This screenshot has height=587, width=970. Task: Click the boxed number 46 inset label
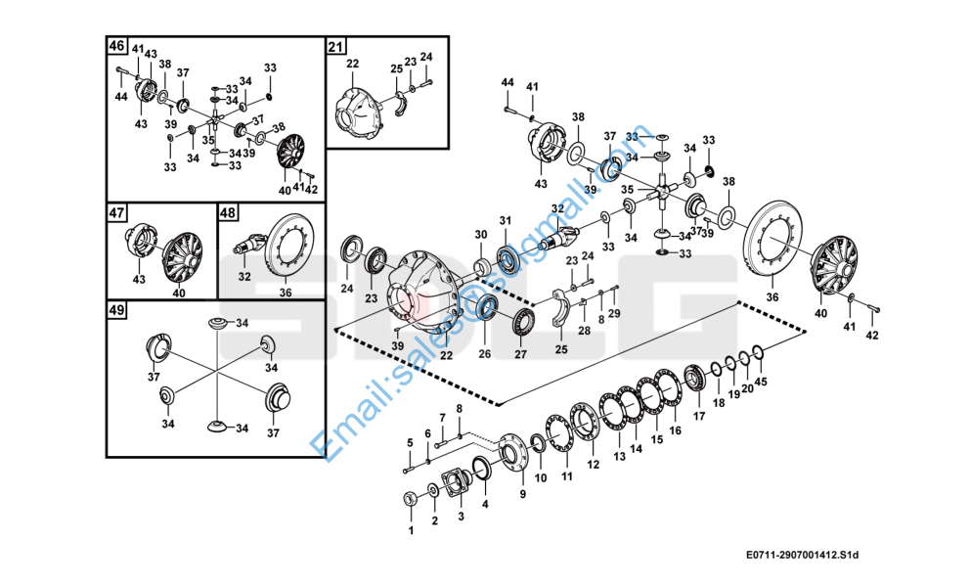pyautogui.click(x=116, y=46)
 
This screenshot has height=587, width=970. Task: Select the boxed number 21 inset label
pyautogui.click(x=335, y=46)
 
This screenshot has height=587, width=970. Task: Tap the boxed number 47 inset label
pyautogui.click(x=116, y=212)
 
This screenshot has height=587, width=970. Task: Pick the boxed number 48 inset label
pyautogui.click(x=227, y=212)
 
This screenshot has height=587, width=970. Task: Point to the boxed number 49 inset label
pyautogui.click(x=116, y=310)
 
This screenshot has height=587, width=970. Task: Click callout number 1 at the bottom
pyautogui.click(x=411, y=530)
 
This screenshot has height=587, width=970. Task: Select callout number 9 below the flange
pyautogui.click(x=522, y=494)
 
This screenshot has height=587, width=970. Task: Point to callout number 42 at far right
pyautogui.click(x=872, y=336)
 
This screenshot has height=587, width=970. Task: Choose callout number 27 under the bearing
pyautogui.click(x=520, y=355)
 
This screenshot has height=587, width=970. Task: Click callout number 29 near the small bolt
pyautogui.click(x=614, y=312)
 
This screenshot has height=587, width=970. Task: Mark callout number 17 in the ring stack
pyautogui.click(x=699, y=416)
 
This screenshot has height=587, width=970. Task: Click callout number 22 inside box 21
pyautogui.click(x=352, y=64)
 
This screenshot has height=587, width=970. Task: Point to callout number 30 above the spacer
pyautogui.click(x=480, y=235)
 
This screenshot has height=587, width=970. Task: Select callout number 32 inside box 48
pyautogui.click(x=244, y=277)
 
